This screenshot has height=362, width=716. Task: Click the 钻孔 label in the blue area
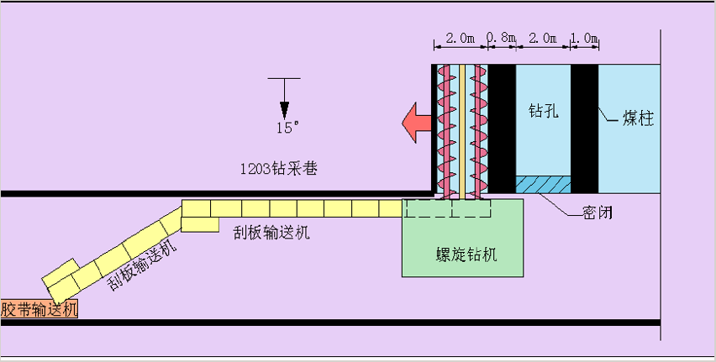click(543, 110)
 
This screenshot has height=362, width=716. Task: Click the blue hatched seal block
click(543, 183)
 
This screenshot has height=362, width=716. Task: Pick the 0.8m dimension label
click(502, 39)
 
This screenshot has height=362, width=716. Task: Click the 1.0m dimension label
click(585, 39)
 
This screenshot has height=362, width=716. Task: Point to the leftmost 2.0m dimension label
click(461, 39)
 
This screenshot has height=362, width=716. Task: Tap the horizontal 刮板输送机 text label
click(271, 233)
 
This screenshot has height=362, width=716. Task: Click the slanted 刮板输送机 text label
click(142, 264)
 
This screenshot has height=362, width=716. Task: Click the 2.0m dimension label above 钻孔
click(543, 39)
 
